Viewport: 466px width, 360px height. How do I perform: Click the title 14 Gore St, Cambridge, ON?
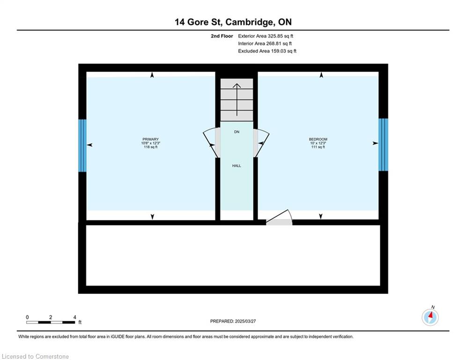tap(233, 22)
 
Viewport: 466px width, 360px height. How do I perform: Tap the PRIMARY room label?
tap(150, 139)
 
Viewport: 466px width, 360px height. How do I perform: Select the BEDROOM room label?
tap(318, 139)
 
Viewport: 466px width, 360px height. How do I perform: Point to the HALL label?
tap(237, 166)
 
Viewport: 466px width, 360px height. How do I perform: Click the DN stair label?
tap(237, 132)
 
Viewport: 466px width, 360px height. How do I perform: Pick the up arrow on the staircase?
tap(237, 100)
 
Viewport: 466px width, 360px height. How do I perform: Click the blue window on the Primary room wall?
tap(82, 145)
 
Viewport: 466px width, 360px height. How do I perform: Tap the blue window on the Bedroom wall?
tap(383, 144)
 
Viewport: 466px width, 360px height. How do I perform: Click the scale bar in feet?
tap(51, 322)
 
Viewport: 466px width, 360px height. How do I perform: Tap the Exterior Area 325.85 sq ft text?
tap(266, 36)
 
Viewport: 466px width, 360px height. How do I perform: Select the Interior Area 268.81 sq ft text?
tap(265, 44)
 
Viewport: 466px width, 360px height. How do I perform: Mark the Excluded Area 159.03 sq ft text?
tap(267, 51)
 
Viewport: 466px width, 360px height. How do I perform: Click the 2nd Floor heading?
tap(222, 36)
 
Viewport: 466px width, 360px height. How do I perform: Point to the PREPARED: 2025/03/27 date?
tap(233, 321)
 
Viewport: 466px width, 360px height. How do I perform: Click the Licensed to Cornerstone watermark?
tap(35, 356)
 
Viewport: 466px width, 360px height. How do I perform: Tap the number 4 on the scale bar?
tap(74, 317)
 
